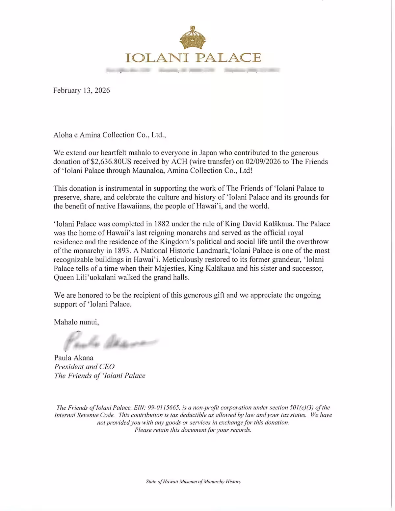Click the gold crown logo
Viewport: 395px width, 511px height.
pos(193,37)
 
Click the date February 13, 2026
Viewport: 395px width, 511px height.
pos(82,90)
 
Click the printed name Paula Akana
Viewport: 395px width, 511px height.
pos(74,357)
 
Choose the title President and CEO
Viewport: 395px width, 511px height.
pos(84,366)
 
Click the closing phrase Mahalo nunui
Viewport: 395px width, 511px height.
pos(76,322)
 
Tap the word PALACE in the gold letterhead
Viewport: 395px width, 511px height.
pos(228,58)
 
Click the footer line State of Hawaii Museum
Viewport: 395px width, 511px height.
pos(194,481)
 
